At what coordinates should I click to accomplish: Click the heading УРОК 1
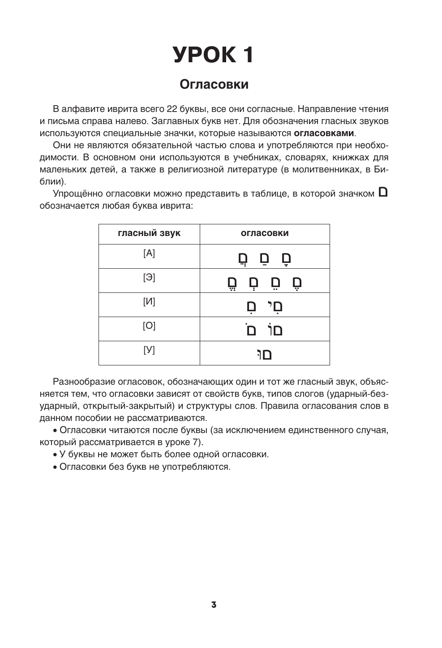click(x=214, y=55)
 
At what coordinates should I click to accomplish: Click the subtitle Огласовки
click(x=214, y=84)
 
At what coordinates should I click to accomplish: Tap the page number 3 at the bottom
click(x=214, y=605)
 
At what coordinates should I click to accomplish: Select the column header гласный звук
click(x=149, y=233)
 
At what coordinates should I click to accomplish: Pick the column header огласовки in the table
click(x=265, y=233)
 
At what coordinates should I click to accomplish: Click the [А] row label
click(x=149, y=253)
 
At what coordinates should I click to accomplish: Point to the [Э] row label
click(x=149, y=278)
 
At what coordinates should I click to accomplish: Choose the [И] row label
click(x=149, y=302)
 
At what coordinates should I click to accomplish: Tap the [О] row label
click(x=149, y=326)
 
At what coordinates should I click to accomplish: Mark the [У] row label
click(x=149, y=350)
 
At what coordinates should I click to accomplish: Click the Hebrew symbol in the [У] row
click(x=265, y=355)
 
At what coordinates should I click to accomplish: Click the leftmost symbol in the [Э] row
click(x=232, y=283)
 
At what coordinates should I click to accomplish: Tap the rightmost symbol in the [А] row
click(x=286, y=259)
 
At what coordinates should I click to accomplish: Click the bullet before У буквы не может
click(x=55, y=455)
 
